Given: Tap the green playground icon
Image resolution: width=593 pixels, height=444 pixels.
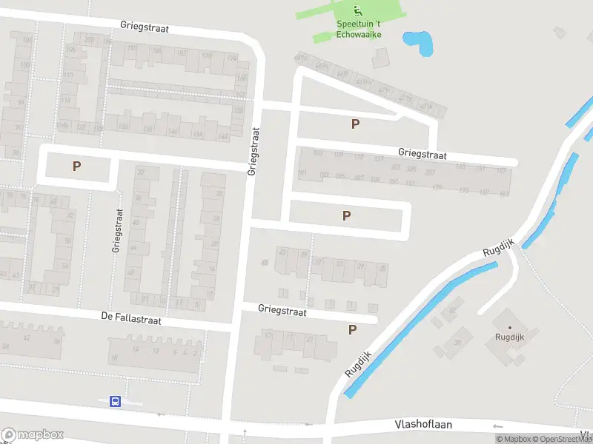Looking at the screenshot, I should coord(358,10).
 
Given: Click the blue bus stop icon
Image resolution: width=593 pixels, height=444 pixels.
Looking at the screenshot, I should coord(115,401).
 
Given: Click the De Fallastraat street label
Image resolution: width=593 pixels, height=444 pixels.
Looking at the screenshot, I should coord(131,318).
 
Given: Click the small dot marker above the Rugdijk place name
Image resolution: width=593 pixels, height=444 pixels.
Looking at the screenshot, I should coord(509,327).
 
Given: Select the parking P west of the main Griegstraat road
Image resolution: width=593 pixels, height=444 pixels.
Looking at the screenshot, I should coord(76,166).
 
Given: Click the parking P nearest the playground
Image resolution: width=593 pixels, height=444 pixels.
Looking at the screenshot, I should coord(355,124).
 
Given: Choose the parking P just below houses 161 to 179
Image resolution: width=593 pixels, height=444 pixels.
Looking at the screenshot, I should coord(346,215).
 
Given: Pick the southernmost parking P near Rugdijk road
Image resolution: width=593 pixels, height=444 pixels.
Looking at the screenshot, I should coord(352,330).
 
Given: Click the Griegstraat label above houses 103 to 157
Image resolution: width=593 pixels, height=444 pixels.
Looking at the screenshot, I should coord(423,155).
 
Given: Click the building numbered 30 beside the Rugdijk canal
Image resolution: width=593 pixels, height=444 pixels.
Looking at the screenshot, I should coord(457,342).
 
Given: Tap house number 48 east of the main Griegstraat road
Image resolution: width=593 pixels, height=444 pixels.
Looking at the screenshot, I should coord(265,263).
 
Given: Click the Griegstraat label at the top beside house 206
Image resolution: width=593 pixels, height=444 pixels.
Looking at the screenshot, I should coord(145,27).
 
